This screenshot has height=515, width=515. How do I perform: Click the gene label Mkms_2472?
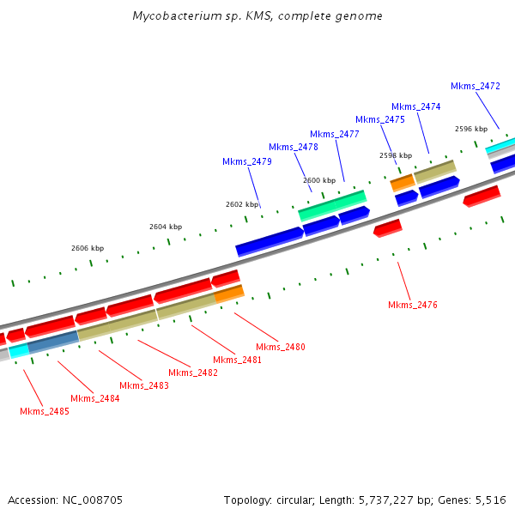(476, 86)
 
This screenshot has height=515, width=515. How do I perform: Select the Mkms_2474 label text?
(416, 106)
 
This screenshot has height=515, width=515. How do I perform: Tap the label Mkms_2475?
(380, 119)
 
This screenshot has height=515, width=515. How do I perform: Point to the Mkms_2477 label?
(335, 134)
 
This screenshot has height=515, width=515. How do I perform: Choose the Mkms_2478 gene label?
(294, 147)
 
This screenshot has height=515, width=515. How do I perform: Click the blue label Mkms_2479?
(247, 161)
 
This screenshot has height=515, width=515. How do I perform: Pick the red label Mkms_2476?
(413, 305)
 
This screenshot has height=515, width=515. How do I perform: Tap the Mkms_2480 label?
(281, 347)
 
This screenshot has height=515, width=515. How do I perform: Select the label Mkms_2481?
(238, 360)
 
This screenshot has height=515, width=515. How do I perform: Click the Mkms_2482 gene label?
(193, 373)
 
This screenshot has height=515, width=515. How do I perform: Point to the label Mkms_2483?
(144, 385)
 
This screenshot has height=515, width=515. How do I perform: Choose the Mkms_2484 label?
(94, 398)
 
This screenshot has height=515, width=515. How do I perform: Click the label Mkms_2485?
(45, 411)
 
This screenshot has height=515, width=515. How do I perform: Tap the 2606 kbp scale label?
(88, 248)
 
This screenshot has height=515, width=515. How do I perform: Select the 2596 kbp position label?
(471, 129)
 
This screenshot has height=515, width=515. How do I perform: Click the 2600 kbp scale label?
(319, 180)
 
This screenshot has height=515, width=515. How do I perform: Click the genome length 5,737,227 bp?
(388, 500)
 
